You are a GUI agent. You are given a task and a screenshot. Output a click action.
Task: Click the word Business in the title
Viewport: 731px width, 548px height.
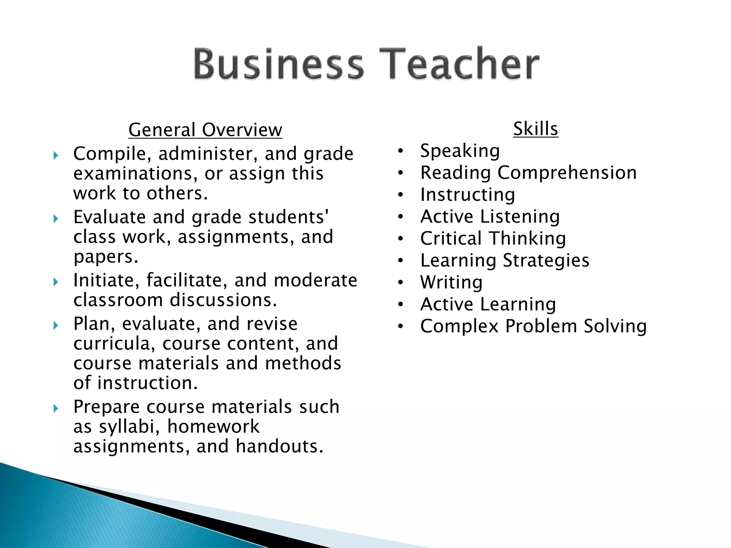[278, 64]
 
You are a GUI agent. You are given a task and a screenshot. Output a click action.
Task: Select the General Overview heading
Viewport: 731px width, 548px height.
[205, 130]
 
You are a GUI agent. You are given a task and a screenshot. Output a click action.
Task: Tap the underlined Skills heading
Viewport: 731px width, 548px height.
[535, 129]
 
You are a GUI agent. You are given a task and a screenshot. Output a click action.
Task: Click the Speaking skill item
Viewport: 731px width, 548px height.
[460, 151]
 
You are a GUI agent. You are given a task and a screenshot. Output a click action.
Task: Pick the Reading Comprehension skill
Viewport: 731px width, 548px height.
[528, 173]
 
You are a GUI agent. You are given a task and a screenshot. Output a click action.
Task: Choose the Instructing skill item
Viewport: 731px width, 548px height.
[468, 195]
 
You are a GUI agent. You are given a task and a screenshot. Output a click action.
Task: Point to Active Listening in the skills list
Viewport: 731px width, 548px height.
[490, 217]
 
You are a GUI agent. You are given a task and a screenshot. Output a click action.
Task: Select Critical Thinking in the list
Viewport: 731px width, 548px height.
[493, 239]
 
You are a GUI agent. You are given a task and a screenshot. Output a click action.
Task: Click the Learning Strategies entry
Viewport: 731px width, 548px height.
[505, 260]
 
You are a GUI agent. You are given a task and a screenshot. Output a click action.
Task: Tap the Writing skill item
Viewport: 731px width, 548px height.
[451, 283]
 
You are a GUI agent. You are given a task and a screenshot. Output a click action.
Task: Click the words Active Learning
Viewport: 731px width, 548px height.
[488, 304]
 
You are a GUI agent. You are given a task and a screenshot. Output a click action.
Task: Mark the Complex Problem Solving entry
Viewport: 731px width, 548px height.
[533, 326]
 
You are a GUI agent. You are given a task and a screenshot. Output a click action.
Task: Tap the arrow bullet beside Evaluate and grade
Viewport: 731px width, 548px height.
[56, 219]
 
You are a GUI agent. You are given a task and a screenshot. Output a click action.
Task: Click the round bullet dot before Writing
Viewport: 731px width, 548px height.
[401, 283]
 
